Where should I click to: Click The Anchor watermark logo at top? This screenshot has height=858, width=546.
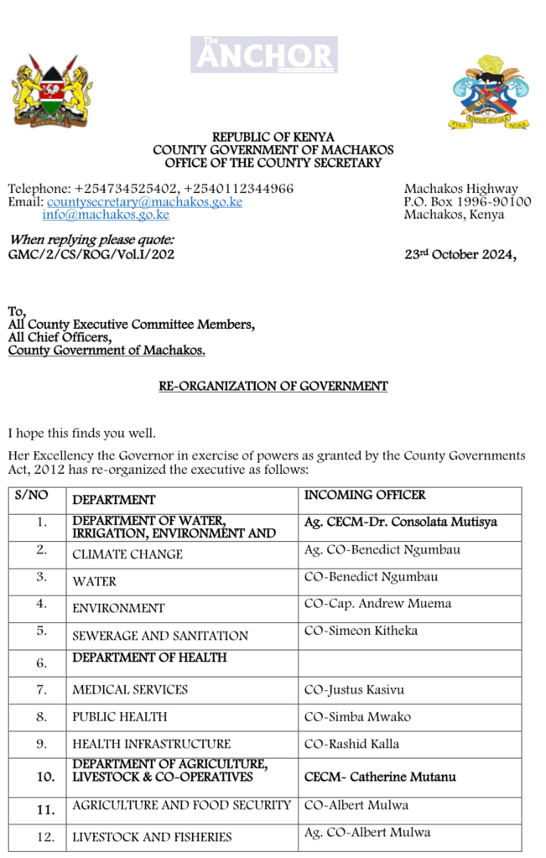[263, 55]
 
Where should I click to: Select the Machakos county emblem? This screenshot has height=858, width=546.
[489, 92]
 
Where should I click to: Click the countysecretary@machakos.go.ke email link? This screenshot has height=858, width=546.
[144, 202]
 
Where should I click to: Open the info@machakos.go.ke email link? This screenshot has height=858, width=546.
[106, 215]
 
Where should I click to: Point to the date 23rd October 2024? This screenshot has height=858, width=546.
[460, 255]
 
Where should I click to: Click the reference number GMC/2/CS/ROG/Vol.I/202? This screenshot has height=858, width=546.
[91, 254]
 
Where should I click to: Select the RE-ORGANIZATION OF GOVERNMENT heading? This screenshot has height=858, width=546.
[273, 387]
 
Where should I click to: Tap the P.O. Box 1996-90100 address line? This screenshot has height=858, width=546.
[467, 201]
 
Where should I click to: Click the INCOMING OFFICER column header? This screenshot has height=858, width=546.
[365, 496]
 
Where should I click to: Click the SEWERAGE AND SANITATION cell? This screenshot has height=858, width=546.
[160, 636]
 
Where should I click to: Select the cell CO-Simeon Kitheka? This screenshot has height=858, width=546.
[360, 631]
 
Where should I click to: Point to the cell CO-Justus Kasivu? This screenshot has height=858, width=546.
[354, 690]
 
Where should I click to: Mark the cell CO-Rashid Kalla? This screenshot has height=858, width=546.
[351, 744]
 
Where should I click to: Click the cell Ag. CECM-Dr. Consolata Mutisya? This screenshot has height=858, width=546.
[400, 522]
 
